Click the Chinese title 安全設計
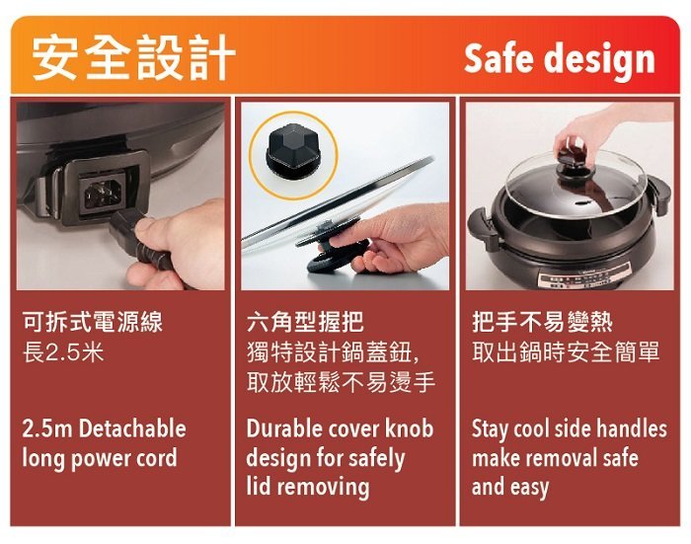(133, 57)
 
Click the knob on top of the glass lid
(576, 164)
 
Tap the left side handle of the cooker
(484, 225)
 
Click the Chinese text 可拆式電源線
(93, 322)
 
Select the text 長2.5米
(63, 352)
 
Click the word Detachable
(133, 428)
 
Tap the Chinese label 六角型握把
(305, 322)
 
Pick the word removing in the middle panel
(324, 487)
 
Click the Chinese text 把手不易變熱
(542, 322)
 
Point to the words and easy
(510, 487)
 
